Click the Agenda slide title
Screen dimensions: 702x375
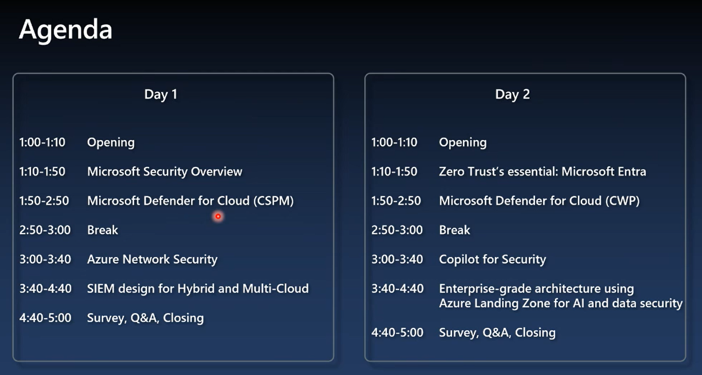[x=66, y=30]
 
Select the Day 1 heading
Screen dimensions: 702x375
[x=161, y=95]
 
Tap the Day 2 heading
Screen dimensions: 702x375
[x=512, y=95]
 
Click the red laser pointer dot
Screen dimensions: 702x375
[x=218, y=216]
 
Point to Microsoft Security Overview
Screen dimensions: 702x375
[x=165, y=172]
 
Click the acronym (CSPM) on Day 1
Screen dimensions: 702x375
[x=274, y=201]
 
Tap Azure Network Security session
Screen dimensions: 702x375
[x=153, y=260]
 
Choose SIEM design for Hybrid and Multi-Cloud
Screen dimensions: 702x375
[x=198, y=289]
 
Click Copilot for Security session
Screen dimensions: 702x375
[x=493, y=260]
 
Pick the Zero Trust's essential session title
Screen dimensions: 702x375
[x=543, y=172]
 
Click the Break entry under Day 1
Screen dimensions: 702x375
[x=103, y=230]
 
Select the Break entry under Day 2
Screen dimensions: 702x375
[x=455, y=230]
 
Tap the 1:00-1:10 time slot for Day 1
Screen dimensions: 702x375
[x=42, y=142]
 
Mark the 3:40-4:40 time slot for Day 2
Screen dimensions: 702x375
[x=398, y=289]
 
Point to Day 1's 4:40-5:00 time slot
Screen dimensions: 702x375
[x=45, y=318]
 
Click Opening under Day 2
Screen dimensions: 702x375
[x=463, y=143]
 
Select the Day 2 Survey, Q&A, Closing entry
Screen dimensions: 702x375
[x=497, y=333]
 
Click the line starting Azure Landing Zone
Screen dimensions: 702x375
[x=561, y=303]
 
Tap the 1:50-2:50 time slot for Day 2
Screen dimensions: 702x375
[x=396, y=201]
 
